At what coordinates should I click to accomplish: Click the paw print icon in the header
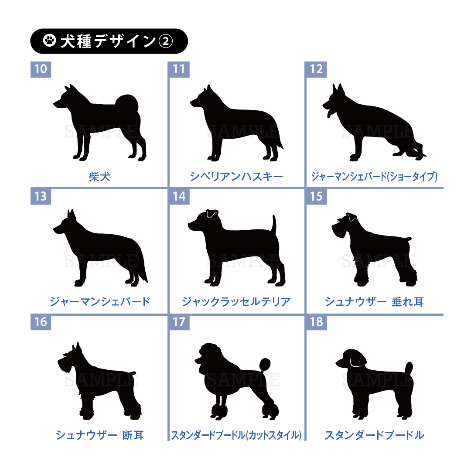click(50, 41)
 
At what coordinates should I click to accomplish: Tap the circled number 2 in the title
click(166, 41)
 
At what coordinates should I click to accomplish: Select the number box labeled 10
click(41, 69)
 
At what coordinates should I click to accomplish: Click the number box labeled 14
click(179, 196)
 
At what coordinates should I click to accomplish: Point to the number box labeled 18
click(316, 322)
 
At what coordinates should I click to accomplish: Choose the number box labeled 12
click(316, 69)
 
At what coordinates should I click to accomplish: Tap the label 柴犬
click(100, 177)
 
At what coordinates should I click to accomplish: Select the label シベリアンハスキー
click(236, 177)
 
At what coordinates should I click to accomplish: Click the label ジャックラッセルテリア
click(236, 302)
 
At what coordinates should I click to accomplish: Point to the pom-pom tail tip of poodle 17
click(265, 364)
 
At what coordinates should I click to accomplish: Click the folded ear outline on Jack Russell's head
click(212, 214)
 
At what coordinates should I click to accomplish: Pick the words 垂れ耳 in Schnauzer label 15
click(408, 302)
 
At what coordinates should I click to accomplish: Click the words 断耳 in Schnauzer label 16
click(133, 435)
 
